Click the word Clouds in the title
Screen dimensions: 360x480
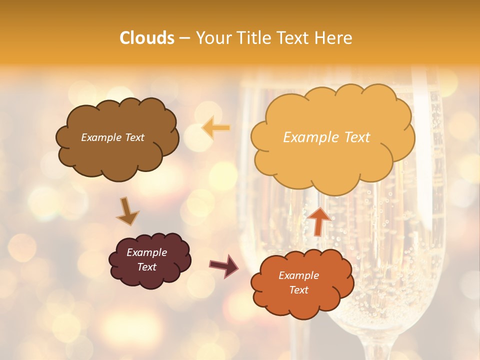pyautogui.click(x=146, y=38)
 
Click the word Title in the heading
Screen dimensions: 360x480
pyautogui.click(x=250, y=38)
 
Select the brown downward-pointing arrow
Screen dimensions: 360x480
pyautogui.click(x=127, y=210)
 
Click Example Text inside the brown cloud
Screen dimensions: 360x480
pyautogui.click(x=112, y=137)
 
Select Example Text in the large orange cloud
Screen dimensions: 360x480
pyautogui.click(x=326, y=137)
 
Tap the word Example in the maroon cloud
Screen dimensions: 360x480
pyautogui.click(x=146, y=252)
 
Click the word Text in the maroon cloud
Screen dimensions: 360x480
pyautogui.click(x=147, y=267)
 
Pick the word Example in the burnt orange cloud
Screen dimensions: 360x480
pyautogui.click(x=298, y=275)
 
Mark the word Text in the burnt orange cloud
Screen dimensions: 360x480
pyautogui.click(x=299, y=290)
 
